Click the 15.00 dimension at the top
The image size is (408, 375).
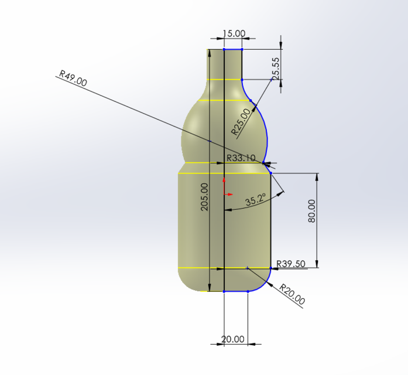point(234,34)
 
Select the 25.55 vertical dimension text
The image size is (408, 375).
point(276,69)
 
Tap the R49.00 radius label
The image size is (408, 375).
point(73,79)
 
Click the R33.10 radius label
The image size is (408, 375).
point(241,158)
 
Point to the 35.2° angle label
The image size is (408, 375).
point(255,200)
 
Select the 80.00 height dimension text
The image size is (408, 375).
point(311,211)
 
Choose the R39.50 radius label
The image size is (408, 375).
point(291,264)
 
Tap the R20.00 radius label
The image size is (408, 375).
point(292,295)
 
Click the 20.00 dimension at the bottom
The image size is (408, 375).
point(233,339)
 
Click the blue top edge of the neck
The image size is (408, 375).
point(233,49)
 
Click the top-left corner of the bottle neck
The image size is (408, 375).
point(208,50)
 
